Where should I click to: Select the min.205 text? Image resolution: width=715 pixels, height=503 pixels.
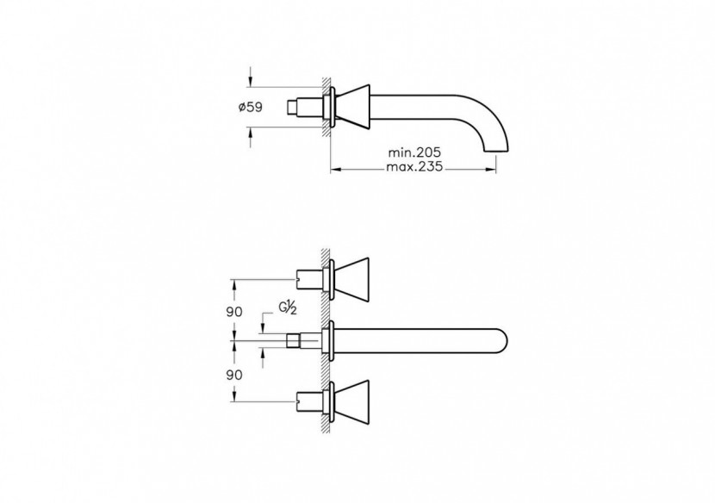click(x=413, y=152)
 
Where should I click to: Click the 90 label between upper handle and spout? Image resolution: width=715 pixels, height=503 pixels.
click(x=234, y=311)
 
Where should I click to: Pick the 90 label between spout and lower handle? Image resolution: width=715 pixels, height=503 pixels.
click(x=234, y=376)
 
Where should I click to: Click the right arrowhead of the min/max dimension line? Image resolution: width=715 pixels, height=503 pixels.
click(x=498, y=169)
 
